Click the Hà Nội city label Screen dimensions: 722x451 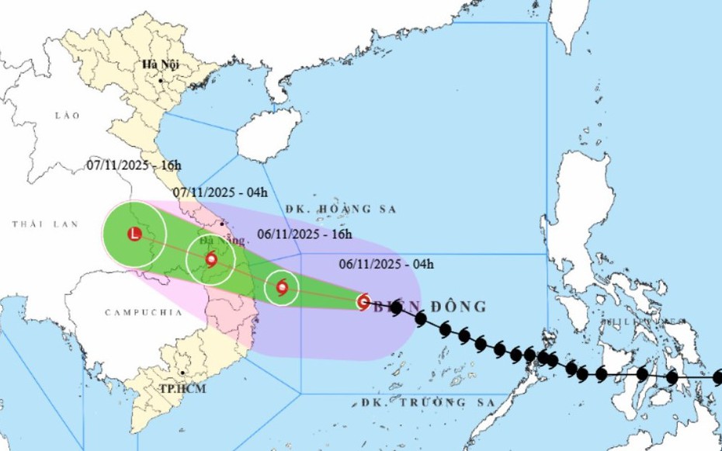tap(161, 65)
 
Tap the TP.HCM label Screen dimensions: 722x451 tap(183, 388)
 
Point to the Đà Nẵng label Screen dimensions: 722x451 tap(227, 241)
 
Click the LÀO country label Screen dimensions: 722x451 tap(68, 115)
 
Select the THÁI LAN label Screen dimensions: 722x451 tap(45, 224)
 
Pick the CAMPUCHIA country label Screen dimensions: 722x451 tap(143, 312)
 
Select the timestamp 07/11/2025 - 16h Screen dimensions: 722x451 tap(134, 165)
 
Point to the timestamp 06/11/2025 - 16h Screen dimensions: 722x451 tap(304, 233)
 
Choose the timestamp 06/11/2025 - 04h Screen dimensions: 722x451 tap(386, 265)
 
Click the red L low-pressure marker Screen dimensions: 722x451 tap(134, 234)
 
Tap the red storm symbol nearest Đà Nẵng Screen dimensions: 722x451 tap(211, 259)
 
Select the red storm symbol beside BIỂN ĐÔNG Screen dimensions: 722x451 tap(363, 301)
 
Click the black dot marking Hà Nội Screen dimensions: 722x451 tap(160, 81)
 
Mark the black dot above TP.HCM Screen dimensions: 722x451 tap(182, 373)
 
